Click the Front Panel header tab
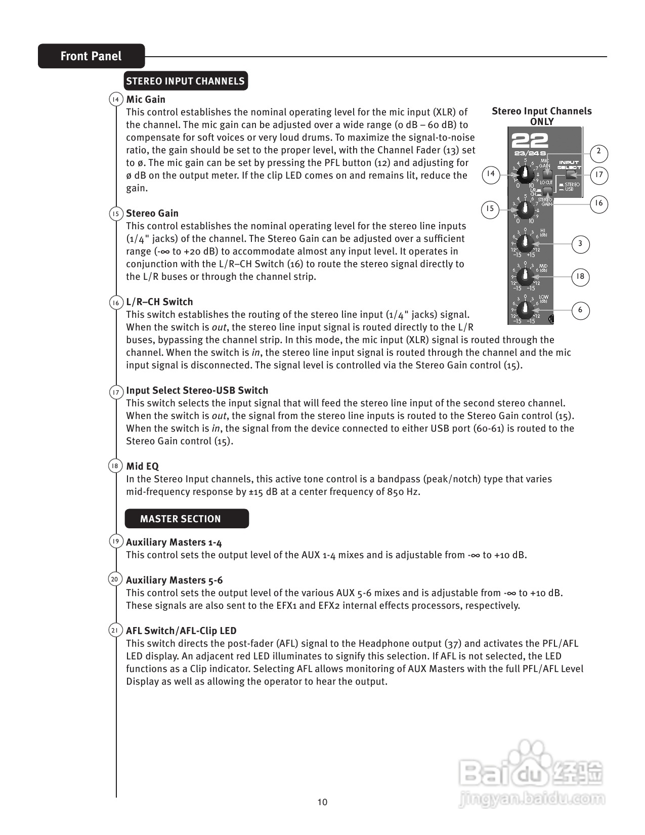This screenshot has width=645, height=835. click(91, 56)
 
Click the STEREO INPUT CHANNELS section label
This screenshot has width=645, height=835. click(186, 81)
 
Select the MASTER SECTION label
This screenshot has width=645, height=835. click(181, 519)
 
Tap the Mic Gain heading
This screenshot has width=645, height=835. click(146, 99)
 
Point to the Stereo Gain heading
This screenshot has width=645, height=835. click(152, 213)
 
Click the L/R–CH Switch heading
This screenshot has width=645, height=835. click(159, 302)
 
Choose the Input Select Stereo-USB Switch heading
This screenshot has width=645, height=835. click(197, 390)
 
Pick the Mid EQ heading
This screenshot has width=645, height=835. click(142, 466)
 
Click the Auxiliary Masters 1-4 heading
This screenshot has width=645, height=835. click(174, 542)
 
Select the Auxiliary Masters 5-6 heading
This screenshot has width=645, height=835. click(174, 580)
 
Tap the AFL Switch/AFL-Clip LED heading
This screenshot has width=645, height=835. click(181, 631)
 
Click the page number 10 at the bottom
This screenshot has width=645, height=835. click(322, 802)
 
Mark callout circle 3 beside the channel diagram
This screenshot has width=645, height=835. click(580, 244)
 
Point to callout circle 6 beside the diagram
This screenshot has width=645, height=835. click(580, 310)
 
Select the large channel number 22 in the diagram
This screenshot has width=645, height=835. click(529, 140)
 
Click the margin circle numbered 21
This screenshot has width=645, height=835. click(115, 631)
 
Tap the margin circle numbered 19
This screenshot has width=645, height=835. click(115, 541)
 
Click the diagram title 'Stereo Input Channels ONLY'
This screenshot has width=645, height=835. click(541, 116)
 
